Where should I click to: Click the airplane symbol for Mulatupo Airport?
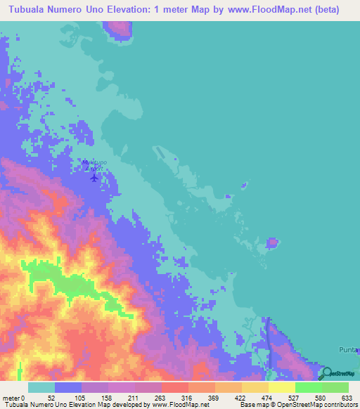(x=95, y=177)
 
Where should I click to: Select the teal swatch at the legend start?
(x=41, y=388)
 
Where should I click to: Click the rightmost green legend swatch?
(x=335, y=388)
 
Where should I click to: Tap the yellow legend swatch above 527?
(x=282, y=388)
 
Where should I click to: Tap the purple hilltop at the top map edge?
(x=120, y=29)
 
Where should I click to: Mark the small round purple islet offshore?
(x=272, y=243)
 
